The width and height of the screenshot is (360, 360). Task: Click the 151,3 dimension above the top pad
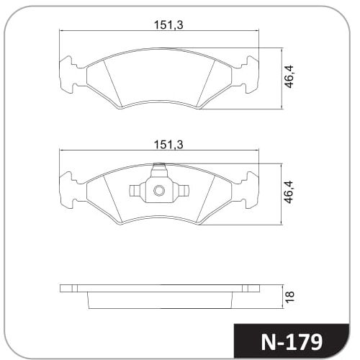tap(168, 25)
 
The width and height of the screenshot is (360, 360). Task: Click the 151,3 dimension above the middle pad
tap(168, 145)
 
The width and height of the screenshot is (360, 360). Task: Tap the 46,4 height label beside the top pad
tap(289, 77)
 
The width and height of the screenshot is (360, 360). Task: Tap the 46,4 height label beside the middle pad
tap(289, 192)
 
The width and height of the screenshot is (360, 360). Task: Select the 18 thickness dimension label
tap(289, 297)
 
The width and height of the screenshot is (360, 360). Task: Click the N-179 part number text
tap(292, 342)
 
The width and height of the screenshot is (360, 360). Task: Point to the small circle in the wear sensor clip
tap(159, 191)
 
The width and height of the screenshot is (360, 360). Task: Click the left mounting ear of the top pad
tap(70, 75)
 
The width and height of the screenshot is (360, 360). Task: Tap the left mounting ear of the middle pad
tap(70, 190)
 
